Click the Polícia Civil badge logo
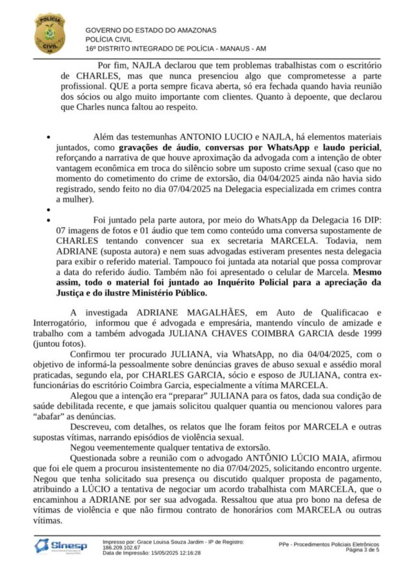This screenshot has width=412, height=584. [49, 33]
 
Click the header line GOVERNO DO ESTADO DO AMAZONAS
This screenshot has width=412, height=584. [151, 30]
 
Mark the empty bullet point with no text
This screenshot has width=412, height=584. [49, 211]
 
